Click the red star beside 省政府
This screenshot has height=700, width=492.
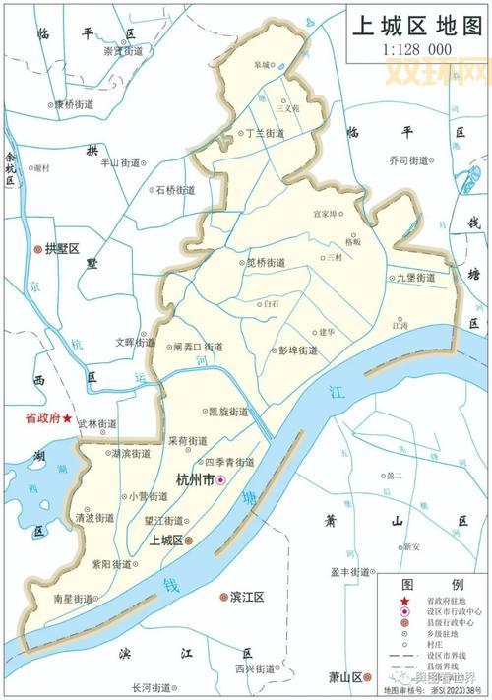(67, 418)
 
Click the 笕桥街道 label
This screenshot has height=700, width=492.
(266, 263)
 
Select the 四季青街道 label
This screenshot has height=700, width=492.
(228, 461)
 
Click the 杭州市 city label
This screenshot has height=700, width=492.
(194, 478)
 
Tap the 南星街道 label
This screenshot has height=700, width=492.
(73, 598)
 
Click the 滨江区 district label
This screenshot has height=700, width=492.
(249, 597)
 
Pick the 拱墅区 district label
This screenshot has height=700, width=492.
(61, 250)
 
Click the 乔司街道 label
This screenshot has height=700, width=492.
(407, 160)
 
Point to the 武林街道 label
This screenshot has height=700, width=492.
(98, 423)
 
